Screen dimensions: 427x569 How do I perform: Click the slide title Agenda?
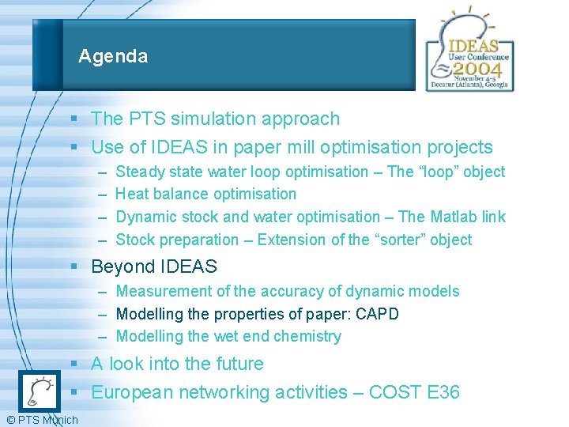[x=113, y=57]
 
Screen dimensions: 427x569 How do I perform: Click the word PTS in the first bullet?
[x=142, y=119]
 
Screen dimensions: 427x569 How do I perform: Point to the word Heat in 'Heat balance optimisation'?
[x=132, y=195]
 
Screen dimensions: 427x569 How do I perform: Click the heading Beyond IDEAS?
[x=154, y=267]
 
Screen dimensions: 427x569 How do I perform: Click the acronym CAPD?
[x=378, y=314]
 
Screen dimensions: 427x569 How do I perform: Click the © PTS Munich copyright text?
[x=41, y=420]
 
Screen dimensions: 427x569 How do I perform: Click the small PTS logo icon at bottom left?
[x=37, y=391]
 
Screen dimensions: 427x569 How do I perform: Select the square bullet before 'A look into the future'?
[x=73, y=365]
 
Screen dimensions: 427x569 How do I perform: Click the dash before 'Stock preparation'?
[x=104, y=240]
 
